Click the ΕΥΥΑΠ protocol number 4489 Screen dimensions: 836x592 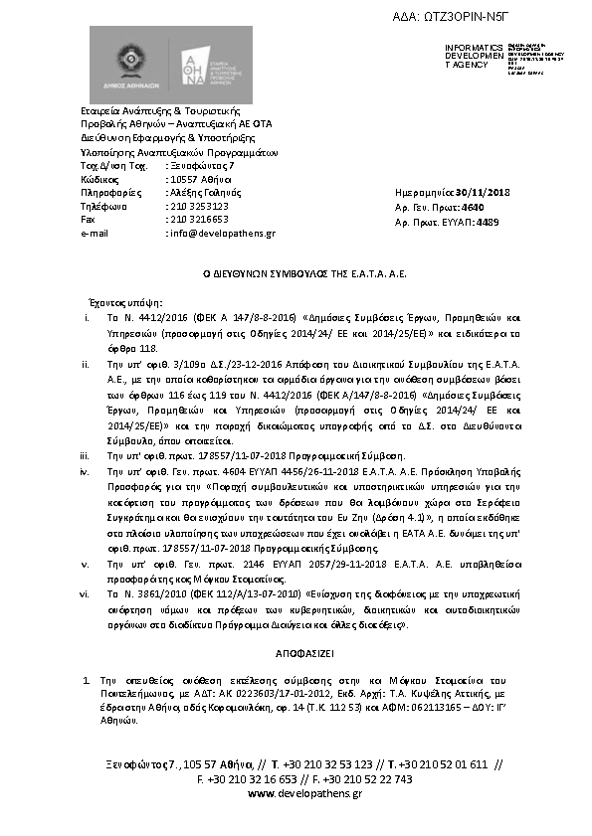point(487,223)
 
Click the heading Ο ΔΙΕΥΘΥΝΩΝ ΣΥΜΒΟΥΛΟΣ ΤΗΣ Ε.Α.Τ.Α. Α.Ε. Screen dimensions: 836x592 point(296,271)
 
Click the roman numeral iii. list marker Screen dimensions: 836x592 point(87,453)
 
